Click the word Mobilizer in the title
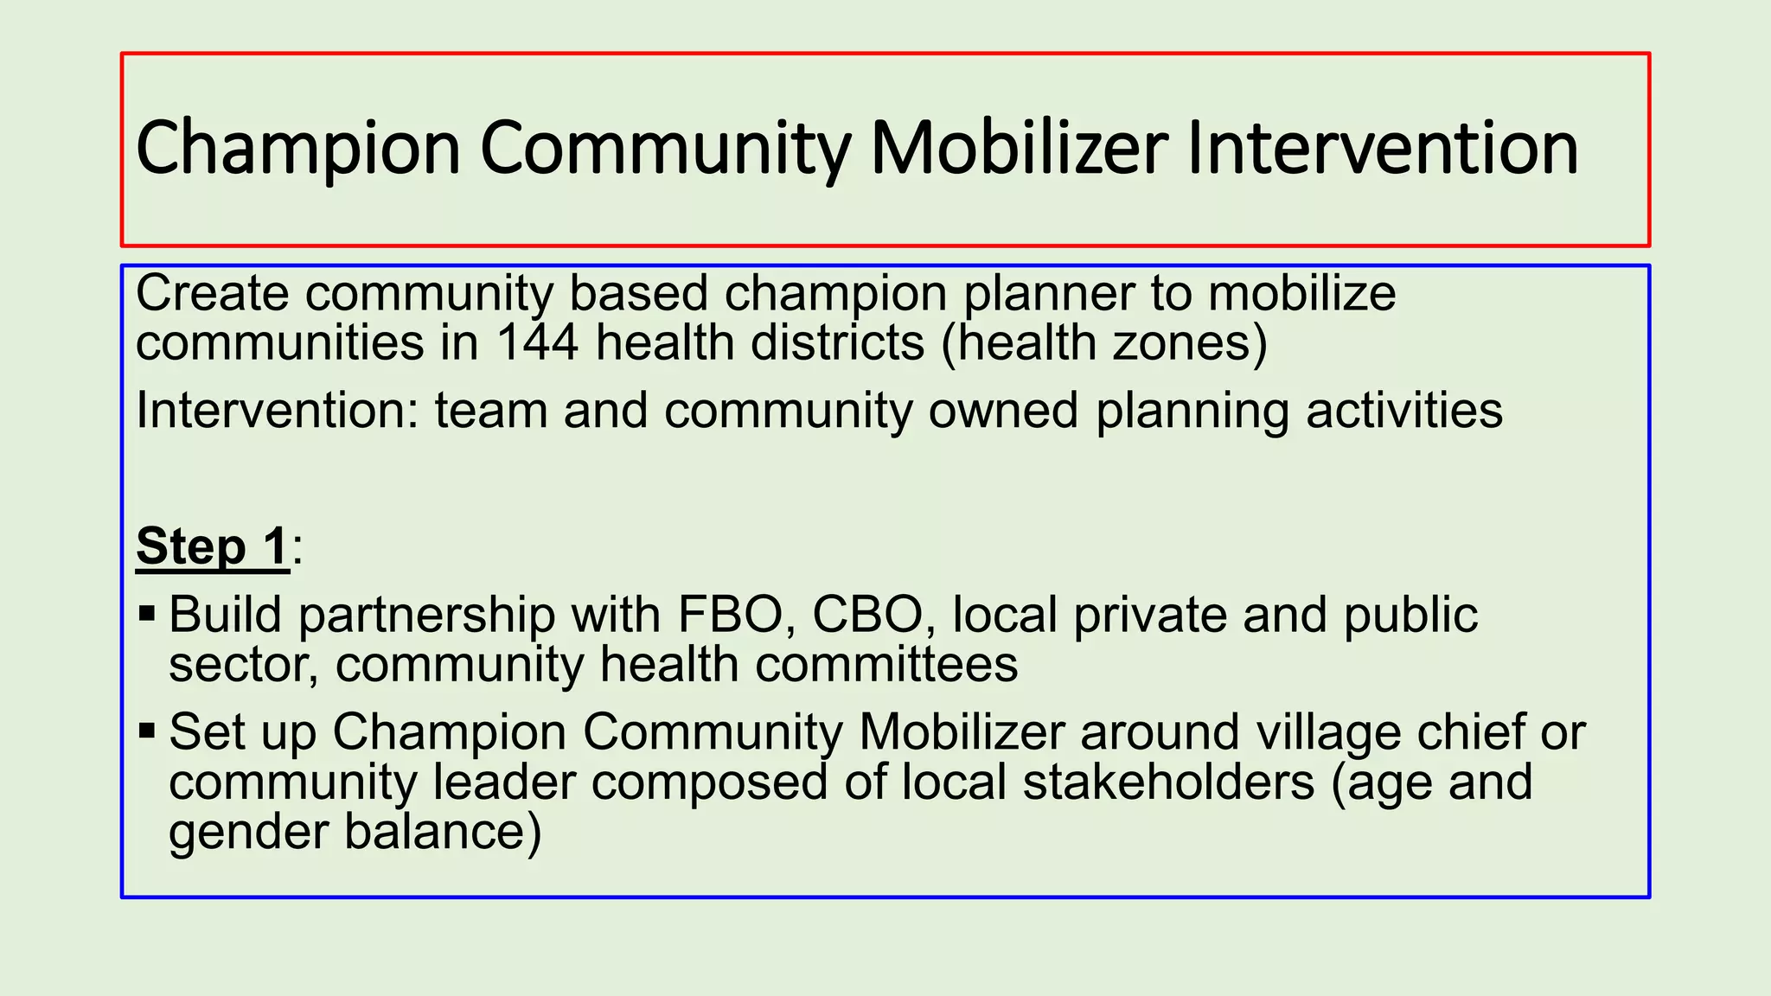[1019, 148]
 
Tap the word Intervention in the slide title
[1383, 148]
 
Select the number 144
[537, 342]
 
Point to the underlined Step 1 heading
[212, 546]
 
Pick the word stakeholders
[1168, 782]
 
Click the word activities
[1404, 410]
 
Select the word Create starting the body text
[213, 293]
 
